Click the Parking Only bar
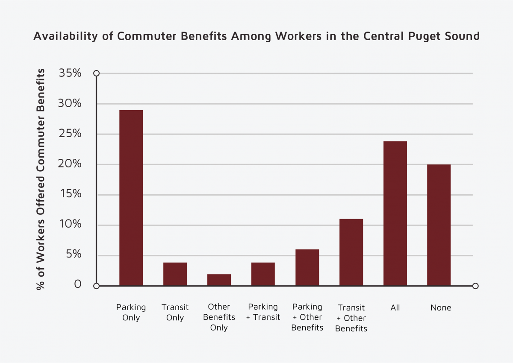click(x=131, y=198)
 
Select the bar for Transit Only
click(x=175, y=274)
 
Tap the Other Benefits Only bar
click(x=219, y=280)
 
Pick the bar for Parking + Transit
click(x=263, y=274)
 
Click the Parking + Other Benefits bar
click(x=307, y=267)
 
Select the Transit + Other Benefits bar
click(x=351, y=252)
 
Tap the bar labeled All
click(x=395, y=213)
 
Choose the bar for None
click(x=439, y=225)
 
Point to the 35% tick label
click(x=70, y=73)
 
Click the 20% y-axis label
click(x=70, y=164)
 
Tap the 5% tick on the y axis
click(x=73, y=255)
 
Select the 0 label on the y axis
click(x=77, y=284)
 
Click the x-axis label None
click(x=441, y=307)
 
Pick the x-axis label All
click(x=395, y=307)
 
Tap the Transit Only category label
click(x=175, y=312)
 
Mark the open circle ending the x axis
click(x=475, y=286)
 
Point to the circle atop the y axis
click(x=97, y=73)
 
